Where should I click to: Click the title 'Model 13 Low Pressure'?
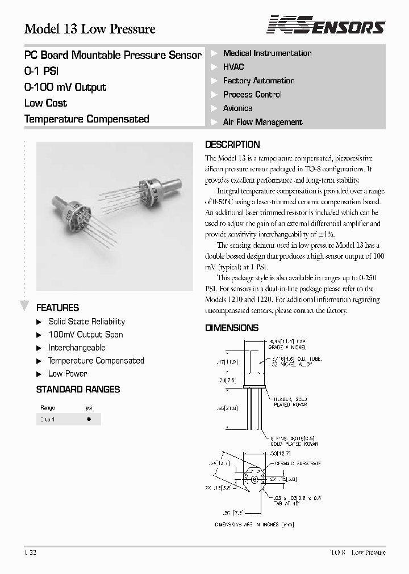(90, 29)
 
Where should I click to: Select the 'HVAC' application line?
(233, 67)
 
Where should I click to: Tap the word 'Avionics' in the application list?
(237, 108)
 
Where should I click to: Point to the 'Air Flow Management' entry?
(262, 122)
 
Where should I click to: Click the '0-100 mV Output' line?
(65, 87)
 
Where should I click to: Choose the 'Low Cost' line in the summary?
(45, 103)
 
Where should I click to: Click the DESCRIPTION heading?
(232, 145)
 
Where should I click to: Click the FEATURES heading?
(57, 308)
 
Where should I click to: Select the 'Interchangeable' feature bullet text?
(77, 348)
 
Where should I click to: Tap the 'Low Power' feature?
(68, 374)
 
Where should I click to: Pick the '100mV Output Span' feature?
(85, 335)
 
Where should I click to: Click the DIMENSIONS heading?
(231, 328)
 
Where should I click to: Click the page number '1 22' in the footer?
(31, 552)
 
